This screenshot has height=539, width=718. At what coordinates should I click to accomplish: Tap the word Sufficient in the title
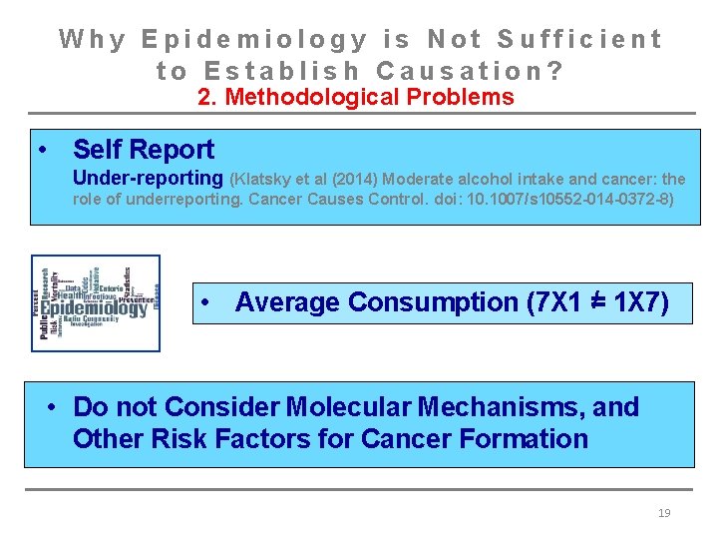[579, 39]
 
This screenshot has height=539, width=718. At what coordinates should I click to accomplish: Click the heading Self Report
[144, 150]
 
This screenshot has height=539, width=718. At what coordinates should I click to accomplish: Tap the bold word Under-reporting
[148, 179]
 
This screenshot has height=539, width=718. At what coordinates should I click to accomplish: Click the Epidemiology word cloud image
[95, 302]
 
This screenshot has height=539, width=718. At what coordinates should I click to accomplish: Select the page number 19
[665, 513]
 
